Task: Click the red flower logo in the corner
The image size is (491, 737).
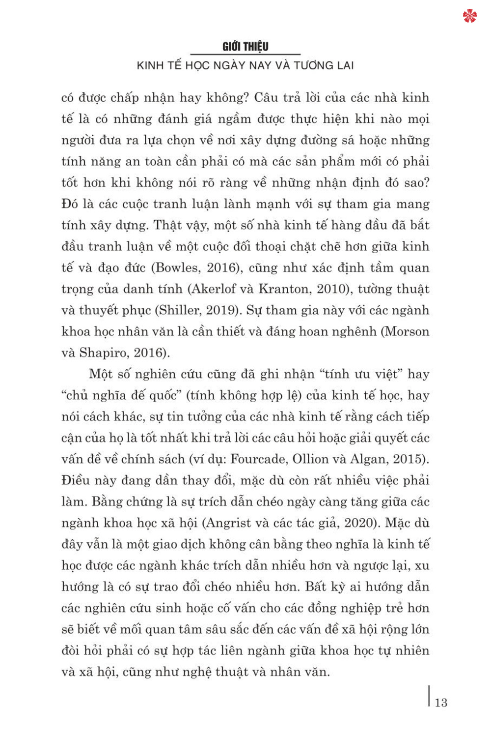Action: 469,16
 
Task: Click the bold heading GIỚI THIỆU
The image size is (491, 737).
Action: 245,47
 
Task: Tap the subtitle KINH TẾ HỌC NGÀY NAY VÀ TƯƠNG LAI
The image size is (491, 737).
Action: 245,65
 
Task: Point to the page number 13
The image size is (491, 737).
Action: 441,703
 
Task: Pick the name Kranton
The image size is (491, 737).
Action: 284,289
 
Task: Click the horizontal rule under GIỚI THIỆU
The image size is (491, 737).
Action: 245,55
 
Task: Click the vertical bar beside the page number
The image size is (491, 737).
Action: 430,696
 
